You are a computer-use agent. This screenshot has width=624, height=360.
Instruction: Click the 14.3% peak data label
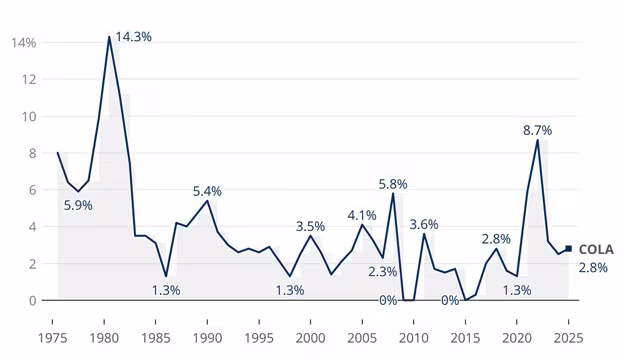click(x=134, y=37)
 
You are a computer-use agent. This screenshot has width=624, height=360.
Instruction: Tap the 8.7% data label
click(x=537, y=130)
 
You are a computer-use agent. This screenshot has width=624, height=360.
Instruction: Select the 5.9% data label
click(x=78, y=205)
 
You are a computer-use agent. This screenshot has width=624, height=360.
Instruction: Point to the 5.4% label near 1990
click(x=207, y=191)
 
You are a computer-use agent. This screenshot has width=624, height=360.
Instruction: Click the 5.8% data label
click(x=392, y=184)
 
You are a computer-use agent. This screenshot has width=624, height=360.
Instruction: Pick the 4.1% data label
click(x=362, y=215)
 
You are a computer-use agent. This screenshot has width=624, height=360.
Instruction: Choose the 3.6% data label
click(x=424, y=224)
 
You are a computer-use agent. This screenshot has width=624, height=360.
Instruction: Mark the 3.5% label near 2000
click(x=310, y=226)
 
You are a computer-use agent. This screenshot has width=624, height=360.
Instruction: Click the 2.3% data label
click(x=382, y=271)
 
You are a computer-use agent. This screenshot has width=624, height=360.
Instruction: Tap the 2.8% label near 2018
click(x=496, y=239)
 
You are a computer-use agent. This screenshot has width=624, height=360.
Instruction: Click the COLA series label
click(x=595, y=250)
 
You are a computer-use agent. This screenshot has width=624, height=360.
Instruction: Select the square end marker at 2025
click(x=569, y=249)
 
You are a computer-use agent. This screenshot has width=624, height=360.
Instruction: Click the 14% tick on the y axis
click(x=24, y=43)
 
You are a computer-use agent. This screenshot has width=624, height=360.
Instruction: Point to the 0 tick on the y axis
click(x=32, y=300)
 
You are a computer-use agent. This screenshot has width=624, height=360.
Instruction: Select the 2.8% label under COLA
click(x=593, y=268)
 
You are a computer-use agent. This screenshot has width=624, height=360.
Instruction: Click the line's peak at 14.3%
click(x=109, y=37)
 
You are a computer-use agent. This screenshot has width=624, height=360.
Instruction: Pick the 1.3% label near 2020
click(x=517, y=290)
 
